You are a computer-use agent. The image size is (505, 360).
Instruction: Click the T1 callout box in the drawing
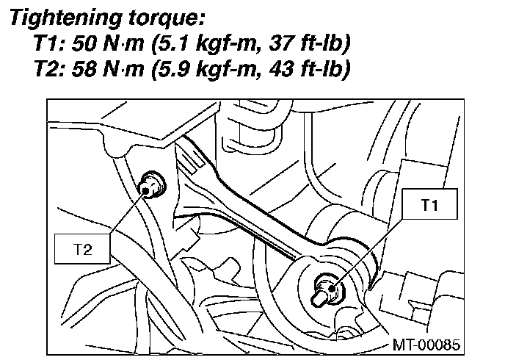pos(429,206)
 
